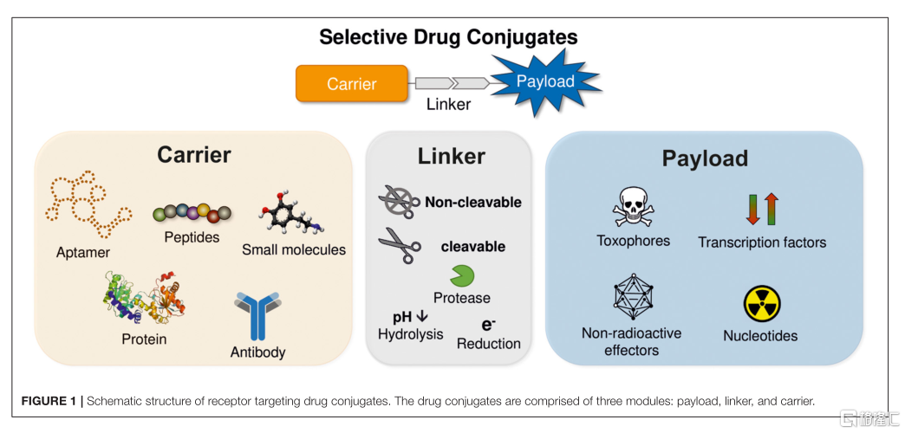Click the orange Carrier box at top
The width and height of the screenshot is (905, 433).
click(x=351, y=84)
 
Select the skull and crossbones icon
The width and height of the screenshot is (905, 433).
click(x=633, y=208)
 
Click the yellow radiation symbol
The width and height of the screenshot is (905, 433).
click(x=761, y=304)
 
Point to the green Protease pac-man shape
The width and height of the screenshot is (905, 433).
click(x=461, y=275)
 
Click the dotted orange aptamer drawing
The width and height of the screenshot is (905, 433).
click(x=85, y=208)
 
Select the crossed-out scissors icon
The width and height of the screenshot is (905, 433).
click(x=399, y=202)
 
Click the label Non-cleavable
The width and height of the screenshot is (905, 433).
click(x=472, y=203)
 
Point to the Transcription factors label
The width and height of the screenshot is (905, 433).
click(x=762, y=242)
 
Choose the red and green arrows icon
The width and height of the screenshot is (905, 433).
click(x=762, y=209)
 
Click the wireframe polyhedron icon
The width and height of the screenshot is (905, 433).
click(x=633, y=299)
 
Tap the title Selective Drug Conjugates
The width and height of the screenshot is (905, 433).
click(x=448, y=37)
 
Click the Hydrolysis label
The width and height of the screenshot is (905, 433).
click(x=410, y=334)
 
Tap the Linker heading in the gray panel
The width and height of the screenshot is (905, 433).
click(x=451, y=156)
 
